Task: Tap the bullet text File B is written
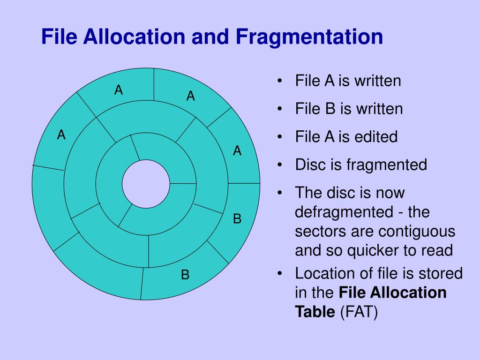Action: click(349, 109)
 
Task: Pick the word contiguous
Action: click(418, 232)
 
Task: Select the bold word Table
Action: click(315, 312)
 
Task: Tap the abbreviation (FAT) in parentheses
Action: click(359, 312)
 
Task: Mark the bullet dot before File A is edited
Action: click(279, 137)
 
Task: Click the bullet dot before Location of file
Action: click(279, 274)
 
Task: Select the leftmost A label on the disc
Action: click(61, 135)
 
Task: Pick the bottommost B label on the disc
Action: click(185, 275)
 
